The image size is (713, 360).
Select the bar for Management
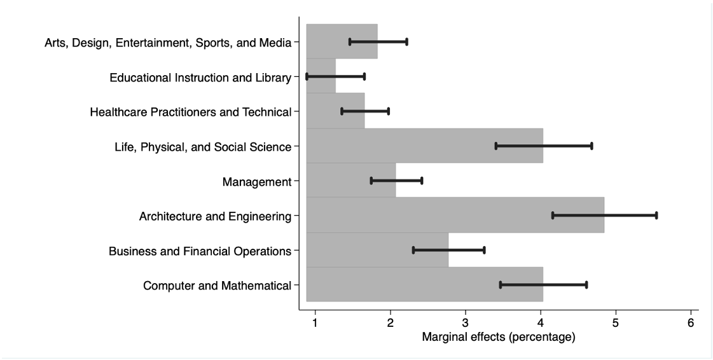tap(350, 181)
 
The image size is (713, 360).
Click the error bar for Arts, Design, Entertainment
tap(378, 42)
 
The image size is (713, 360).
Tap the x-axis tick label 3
tap(466, 322)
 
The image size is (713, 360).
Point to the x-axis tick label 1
tap(315, 322)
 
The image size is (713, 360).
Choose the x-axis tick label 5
tap(616, 322)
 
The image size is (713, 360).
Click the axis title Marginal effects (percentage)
tap(499, 337)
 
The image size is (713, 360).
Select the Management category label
tap(256, 183)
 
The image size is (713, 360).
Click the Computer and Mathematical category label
tap(217, 286)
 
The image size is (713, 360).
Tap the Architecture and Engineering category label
tap(215, 217)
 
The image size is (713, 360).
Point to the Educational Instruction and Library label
tap(200, 78)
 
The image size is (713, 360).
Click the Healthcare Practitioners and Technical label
tap(191, 113)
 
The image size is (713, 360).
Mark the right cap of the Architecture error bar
tap(656, 215)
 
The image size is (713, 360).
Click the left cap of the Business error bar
tap(413, 250)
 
